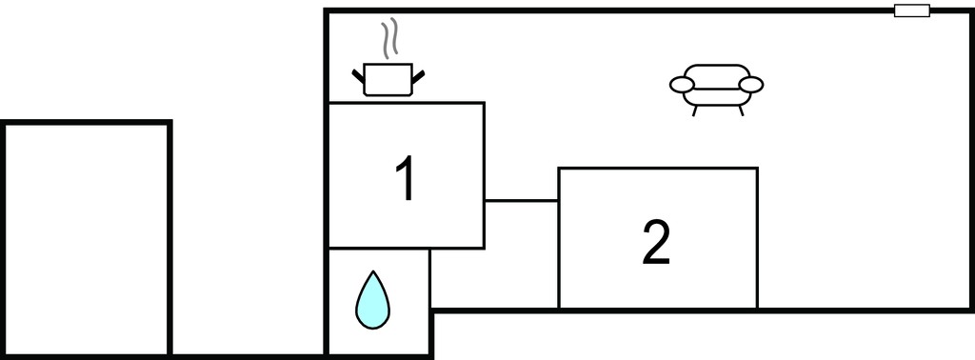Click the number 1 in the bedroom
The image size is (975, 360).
[406, 178]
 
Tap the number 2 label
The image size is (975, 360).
[657, 243]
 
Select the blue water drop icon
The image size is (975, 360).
[372, 300]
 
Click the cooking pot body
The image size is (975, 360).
[388, 80]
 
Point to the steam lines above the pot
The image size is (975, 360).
[389, 38]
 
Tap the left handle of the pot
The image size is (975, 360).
[358, 76]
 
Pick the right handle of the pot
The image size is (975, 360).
[418, 76]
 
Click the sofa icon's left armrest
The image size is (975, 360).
[682, 85]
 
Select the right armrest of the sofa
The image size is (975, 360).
[750, 85]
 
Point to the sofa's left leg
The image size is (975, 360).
[694, 110]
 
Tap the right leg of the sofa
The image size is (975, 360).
[741, 110]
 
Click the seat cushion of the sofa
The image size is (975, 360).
[716, 97]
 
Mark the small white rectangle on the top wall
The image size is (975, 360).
[912, 10]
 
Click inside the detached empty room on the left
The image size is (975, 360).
[87, 238]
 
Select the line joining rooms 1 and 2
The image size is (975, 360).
[521, 201]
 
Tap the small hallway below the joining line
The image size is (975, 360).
[495, 254]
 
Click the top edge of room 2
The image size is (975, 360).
[658, 168]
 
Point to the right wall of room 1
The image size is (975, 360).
[484, 175]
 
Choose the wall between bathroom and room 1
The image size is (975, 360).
[379, 249]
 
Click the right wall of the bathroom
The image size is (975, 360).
[430, 302]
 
